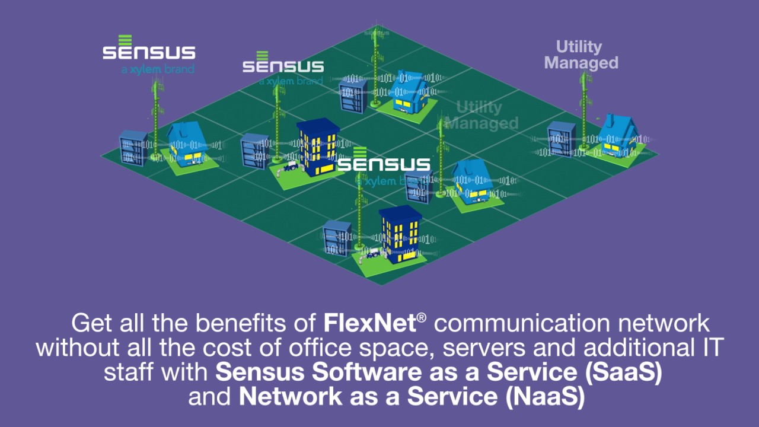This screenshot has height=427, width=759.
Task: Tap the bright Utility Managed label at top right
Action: tap(581, 55)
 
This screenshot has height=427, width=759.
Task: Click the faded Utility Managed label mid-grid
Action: tap(481, 116)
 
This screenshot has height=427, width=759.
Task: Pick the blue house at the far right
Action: tap(617, 136)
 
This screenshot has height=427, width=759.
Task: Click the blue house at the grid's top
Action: tap(408, 92)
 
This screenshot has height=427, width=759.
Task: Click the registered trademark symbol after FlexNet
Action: tap(421, 318)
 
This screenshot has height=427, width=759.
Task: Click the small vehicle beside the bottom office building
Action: tap(373, 253)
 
